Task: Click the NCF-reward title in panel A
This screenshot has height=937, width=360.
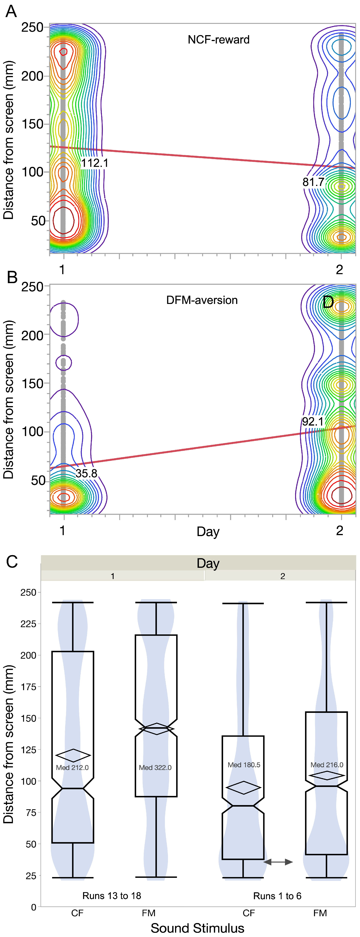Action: pos(219,40)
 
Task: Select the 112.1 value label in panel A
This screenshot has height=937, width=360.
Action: pos(94,163)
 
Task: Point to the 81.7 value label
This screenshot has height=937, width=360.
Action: pos(313,182)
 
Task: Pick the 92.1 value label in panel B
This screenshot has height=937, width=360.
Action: pos(313,422)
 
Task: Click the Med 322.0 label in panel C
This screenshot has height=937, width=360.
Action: pos(155,767)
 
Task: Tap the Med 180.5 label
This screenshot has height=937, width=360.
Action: pos(244,765)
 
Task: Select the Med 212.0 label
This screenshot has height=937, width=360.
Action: pos(72,767)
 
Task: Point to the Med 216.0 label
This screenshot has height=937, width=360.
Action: pos(327,765)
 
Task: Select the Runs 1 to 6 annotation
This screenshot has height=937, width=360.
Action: pos(278,896)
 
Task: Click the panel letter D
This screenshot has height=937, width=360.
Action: pos(328,302)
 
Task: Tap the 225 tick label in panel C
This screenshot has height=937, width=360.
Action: pos(28,624)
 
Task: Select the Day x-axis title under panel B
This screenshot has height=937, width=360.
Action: pos(208,532)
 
